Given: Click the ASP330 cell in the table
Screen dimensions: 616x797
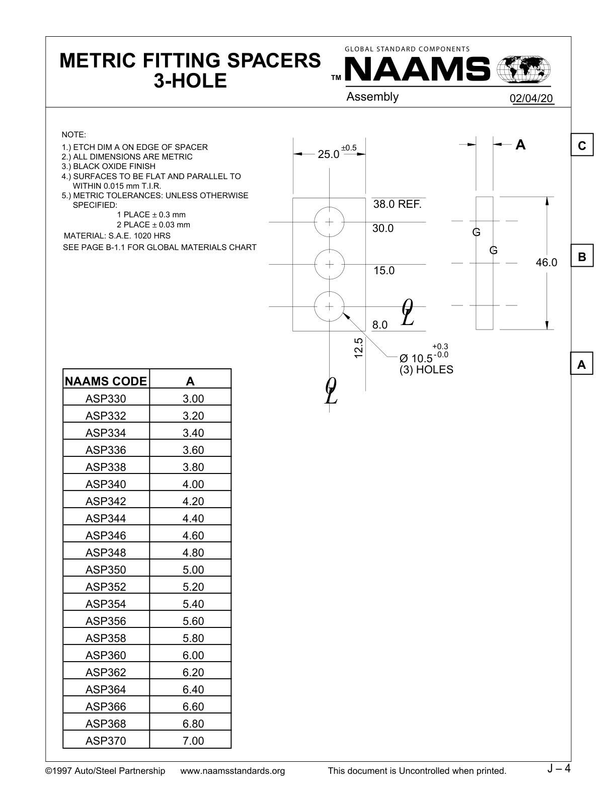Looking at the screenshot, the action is (106, 398).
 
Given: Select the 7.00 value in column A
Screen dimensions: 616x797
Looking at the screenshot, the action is (193, 741).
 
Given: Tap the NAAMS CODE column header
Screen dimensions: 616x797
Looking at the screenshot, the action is (106, 381).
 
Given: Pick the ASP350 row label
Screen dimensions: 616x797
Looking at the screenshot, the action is (106, 570).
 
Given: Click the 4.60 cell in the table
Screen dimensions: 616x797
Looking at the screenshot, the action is (193, 535).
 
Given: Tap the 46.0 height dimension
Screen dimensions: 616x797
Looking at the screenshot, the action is (546, 262).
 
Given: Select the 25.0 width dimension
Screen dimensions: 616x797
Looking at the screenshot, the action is (328, 154).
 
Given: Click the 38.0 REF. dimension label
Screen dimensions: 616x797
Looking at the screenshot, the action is (398, 204).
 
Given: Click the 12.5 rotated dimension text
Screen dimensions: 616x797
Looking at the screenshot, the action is (358, 348).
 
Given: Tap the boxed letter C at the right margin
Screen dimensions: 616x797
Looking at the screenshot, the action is (582, 145).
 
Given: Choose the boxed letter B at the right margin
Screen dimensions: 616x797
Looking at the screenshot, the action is (582, 256).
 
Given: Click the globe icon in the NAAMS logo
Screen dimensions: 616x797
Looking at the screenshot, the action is (523, 68).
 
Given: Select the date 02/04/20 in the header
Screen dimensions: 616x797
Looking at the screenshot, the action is (531, 98).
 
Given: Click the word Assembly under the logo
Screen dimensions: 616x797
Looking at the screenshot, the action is (372, 97).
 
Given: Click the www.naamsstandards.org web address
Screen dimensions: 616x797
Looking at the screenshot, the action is (233, 771).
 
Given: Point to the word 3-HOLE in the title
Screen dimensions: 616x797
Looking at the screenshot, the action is (190, 81).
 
